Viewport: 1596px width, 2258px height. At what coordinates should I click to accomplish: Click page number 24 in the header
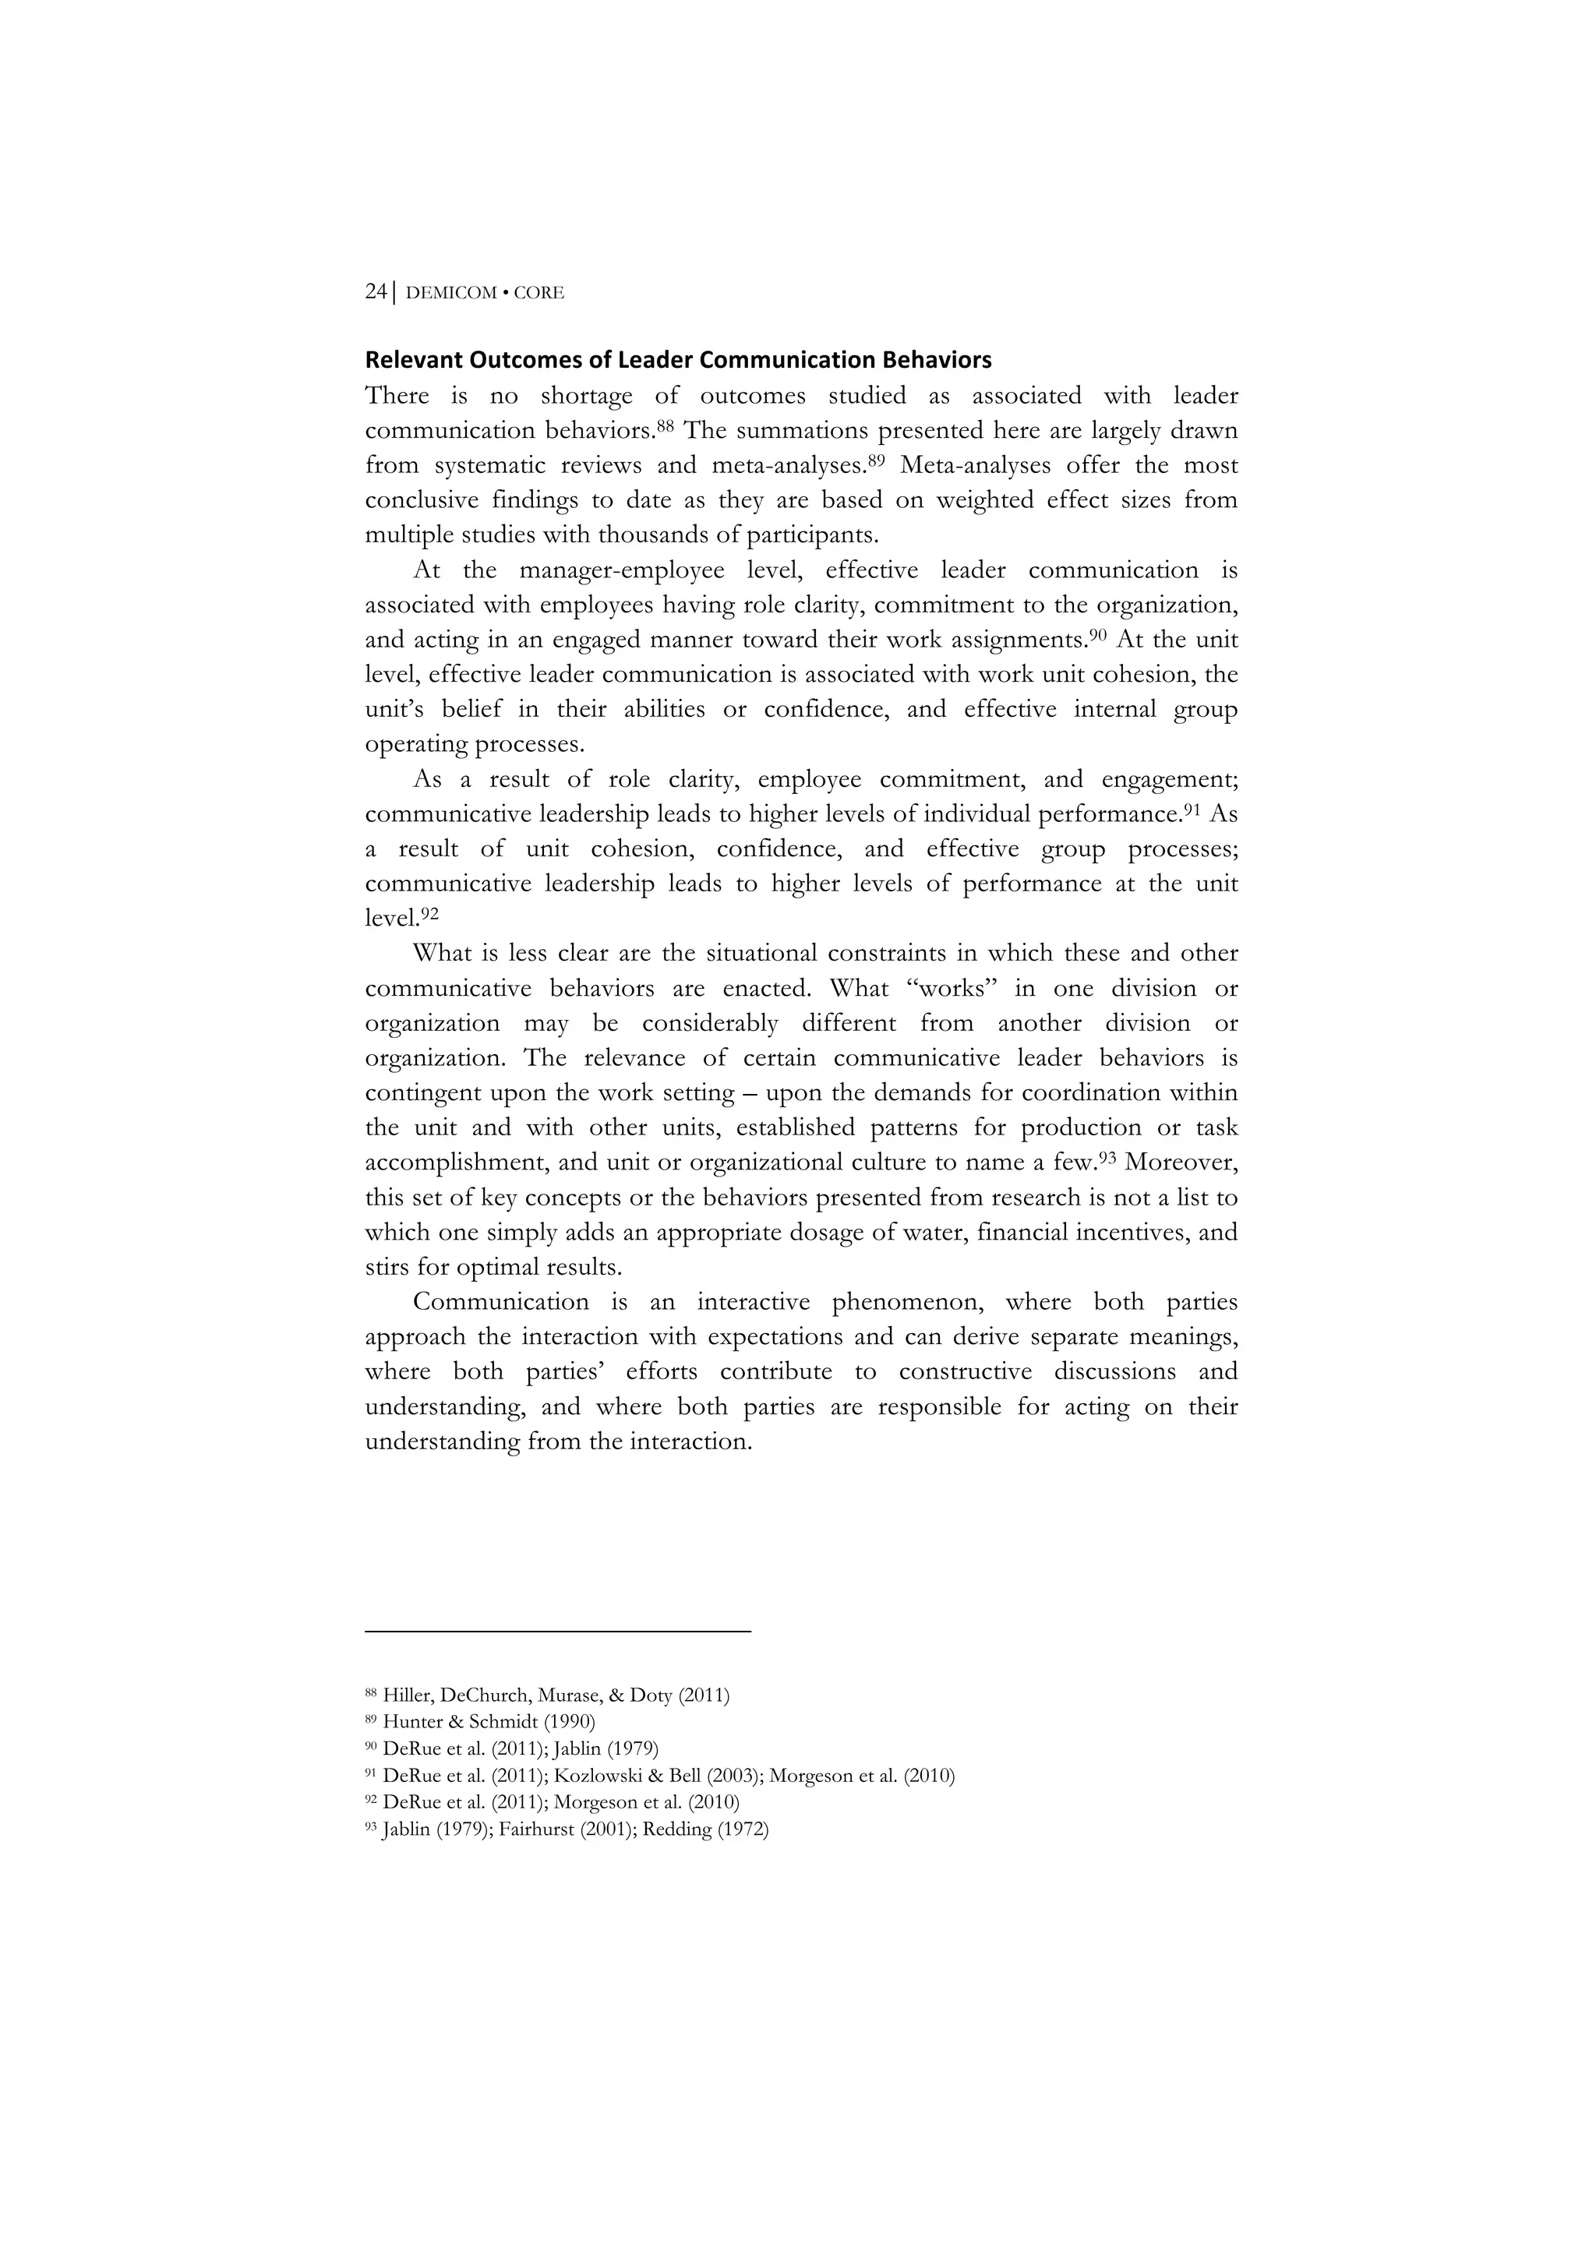tap(376, 292)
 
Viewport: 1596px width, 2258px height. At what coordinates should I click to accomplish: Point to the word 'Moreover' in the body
tap(1180, 1163)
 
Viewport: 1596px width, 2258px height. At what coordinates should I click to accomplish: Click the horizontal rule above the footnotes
tap(557, 1632)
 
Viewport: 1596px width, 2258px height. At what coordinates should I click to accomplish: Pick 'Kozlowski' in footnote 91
tap(598, 1776)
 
